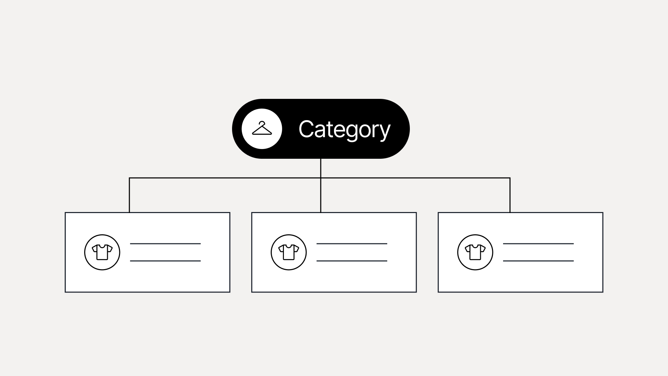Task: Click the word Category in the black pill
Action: coord(344,130)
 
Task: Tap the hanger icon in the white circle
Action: coord(262,128)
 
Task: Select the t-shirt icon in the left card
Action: coord(102,252)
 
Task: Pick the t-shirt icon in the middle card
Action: coord(289,252)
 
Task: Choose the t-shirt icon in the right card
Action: coord(475,252)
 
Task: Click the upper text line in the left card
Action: coord(165,244)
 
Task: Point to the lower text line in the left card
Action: coord(165,261)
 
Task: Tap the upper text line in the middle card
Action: coord(352,244)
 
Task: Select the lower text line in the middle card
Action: coord(352,261)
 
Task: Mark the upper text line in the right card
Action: coord(538,244)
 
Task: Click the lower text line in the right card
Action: coord(538,261)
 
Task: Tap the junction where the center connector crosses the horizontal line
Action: coord(320,178)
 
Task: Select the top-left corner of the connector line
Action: coord(129,178)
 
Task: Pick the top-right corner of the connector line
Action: coord(510,178)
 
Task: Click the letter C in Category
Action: coord(306,129)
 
